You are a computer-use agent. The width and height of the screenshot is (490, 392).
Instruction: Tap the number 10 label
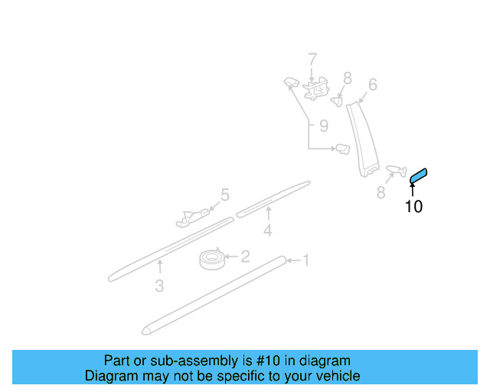click(413, 206)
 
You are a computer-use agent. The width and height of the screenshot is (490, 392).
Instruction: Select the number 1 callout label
click(305, 261)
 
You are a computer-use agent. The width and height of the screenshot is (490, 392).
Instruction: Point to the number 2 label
click(245, 256)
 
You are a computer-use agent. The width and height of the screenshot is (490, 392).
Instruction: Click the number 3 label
click(159, 286)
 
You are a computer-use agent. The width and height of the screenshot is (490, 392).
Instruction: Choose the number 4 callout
click(267, 230)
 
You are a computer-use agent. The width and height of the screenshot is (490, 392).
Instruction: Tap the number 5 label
click(225, 195)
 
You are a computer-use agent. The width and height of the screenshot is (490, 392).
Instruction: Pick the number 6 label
click(373, 84)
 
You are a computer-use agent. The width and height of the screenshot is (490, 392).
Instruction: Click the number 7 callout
click(312, 59)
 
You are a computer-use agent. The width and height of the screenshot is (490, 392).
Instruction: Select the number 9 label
click(323, 125)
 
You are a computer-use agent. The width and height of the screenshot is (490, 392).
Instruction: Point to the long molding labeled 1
click(214, 295)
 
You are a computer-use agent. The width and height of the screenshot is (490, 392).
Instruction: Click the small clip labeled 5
click(192, 217)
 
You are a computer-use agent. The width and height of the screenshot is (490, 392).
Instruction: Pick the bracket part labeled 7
click(314, 91)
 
